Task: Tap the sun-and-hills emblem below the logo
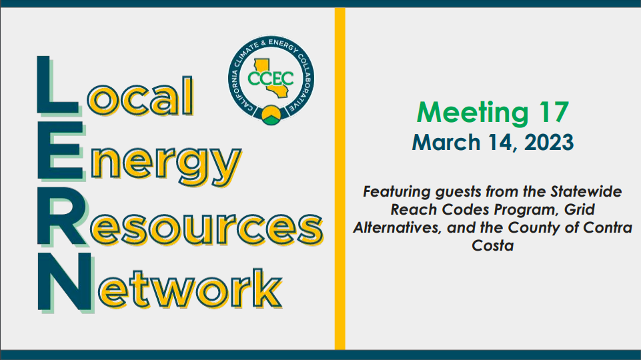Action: coord(271,115)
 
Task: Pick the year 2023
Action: coord(546,142)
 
